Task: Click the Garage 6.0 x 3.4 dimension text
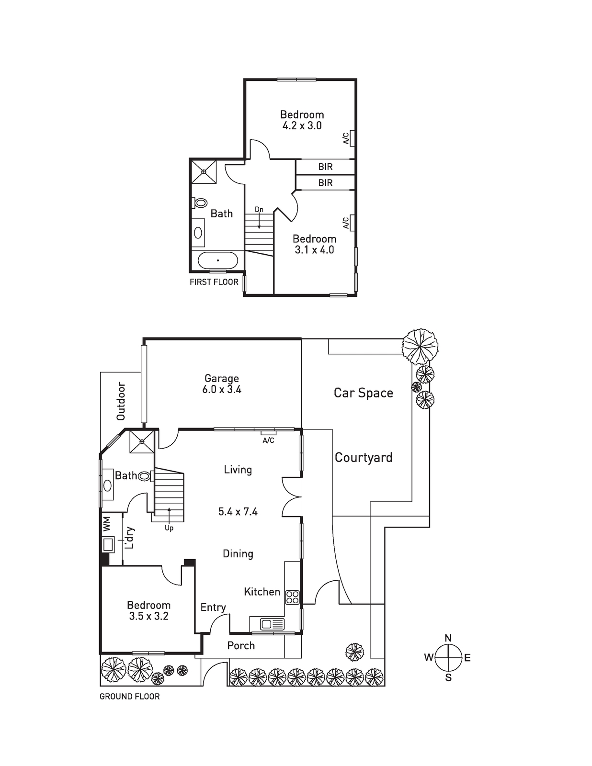(x=222, y=390)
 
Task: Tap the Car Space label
(x=364, y=393)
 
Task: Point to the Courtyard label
(x=364, y=458)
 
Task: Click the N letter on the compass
(x=448, y=638)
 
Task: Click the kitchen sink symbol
(x=272, y=624)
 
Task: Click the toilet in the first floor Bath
(x=200, y=203)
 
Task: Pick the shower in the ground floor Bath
(x=142, y=441)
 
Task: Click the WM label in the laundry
(x=106, y=523)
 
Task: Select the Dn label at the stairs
(x=259, y=210)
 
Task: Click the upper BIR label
(x=325, y=167)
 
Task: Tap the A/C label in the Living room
(x=268, y=440)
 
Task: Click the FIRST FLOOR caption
(x=214, y=282)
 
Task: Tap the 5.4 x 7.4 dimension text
(x=238, y=511)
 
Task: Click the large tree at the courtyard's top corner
(x=420, y=346)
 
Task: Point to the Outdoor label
(x=121, y=401)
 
